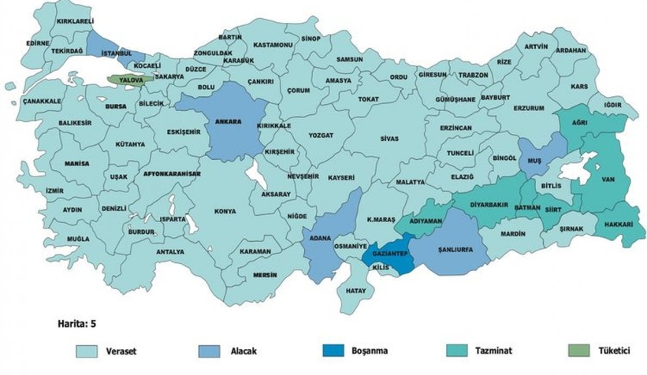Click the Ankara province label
tap(228, 123)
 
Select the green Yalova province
tap(126, 80)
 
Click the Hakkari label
tap(619, 224)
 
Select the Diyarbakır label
tap(487, 202)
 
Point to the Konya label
tap(225, 211)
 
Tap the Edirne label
tap(37, 43)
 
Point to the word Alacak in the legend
tap(251, 351)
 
